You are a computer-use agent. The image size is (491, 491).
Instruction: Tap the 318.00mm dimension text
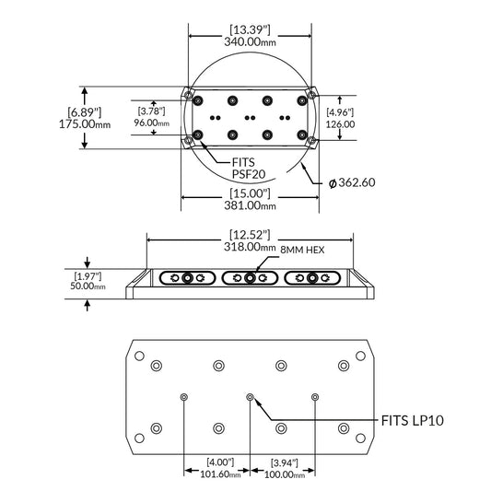click(x=247, y=247)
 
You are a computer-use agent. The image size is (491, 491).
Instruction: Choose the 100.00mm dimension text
click(x=285, y=475)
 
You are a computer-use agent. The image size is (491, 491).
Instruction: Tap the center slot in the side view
click(x=250, y=279)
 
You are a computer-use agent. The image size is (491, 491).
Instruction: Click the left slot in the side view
click(x=187, y=279)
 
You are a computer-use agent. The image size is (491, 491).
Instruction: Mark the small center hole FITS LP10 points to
click(x=250, y=397)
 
